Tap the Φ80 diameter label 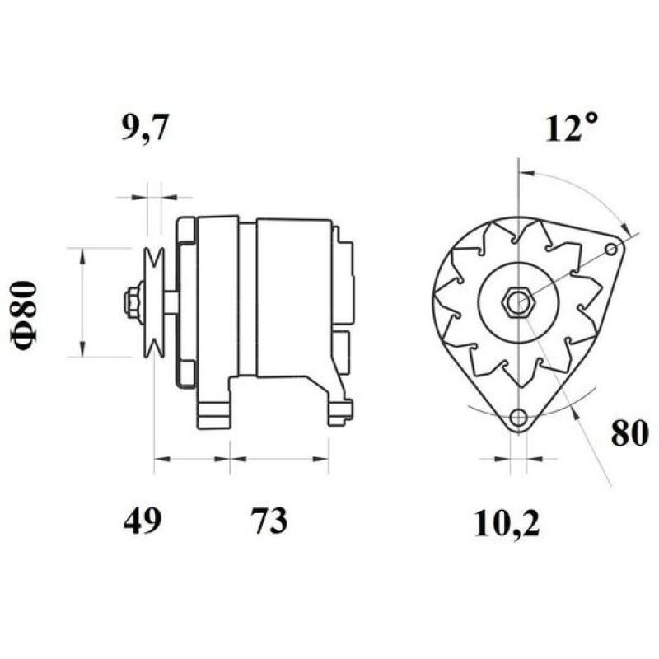tap(25, 317)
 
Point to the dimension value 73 tap(269, 521)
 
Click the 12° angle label tap(571, 129)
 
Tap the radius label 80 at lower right tap(630, 434)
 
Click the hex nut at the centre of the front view tap(517, 302)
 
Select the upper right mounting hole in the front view tap(611, 249)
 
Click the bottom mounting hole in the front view tap(517, 418)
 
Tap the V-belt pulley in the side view tap(153, 302)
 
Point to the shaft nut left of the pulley tap(132, 302)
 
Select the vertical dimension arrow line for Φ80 tap(81, 302)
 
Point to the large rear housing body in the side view tap(292, 297)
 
